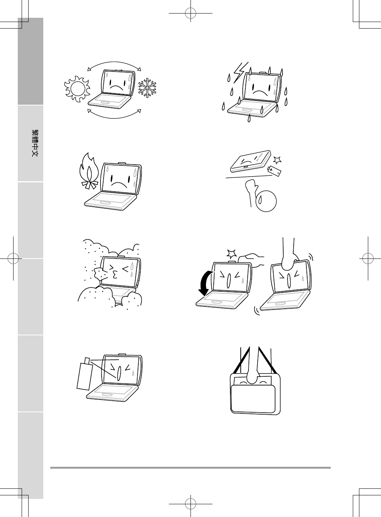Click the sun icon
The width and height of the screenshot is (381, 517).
pos(77,89)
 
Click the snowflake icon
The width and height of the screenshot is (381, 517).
pos(147,88)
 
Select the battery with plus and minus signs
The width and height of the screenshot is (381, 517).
pos(274,171)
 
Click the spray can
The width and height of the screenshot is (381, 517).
pos(85,374)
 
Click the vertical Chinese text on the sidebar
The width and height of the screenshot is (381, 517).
pos(35,143)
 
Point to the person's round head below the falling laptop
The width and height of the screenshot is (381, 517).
pos(266,201)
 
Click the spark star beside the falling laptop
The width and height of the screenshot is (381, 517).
pos(277,160)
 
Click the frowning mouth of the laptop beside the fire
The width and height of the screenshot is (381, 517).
pos(119,185)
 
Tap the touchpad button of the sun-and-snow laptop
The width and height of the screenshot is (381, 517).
pos(105,102)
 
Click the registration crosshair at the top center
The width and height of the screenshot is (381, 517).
pos(190,13)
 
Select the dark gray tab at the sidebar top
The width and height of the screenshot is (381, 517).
pos(31,61)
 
